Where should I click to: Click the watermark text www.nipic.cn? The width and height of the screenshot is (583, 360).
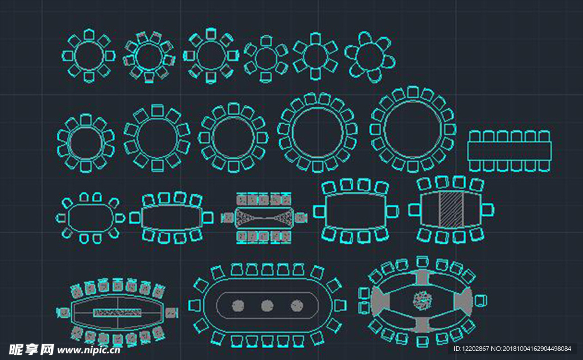pyautogui.click(x=88, y=350)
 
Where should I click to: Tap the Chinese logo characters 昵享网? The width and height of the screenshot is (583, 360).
pyautogui.click(x=31, y=350)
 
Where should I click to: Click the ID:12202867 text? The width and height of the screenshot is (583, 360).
pyautogui.click(x=471, y=349)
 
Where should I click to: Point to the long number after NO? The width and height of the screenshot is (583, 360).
pyautogui.click(x=537, y=349)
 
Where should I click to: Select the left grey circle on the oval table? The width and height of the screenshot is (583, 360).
pyautogui.click(x=238, y=306)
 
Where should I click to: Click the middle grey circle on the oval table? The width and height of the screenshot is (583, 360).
pyautogui.click(x=267, y=306)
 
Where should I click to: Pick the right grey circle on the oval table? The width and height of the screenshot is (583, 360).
pyautogui.click(x=296, y=306)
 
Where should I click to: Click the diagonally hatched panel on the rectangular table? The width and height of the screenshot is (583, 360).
pyautogui.click(x=451, y=210)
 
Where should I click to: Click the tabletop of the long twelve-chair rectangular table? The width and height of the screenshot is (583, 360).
pyautogui.click(x=510, y=151)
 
